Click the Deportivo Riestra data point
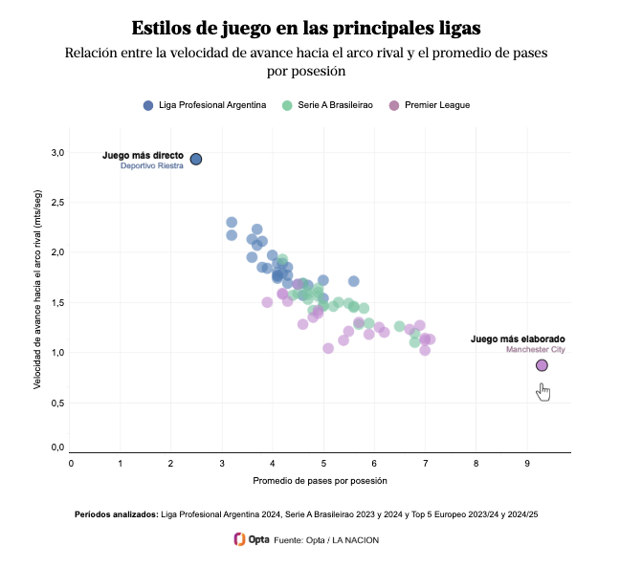(195, 160)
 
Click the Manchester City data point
(542, 365)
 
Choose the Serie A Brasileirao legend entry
(328, 105)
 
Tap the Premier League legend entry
(430, 105)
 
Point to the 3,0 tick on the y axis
(57, 153)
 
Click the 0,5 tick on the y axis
(57, 403)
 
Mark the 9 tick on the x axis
(526, 464)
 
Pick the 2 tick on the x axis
(171, 464)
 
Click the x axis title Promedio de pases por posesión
(320, 480)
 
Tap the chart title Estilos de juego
(306, 26)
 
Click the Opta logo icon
(240, 539)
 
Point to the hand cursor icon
(543, 391)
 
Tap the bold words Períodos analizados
(116, 514)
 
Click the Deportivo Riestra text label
(151, 166)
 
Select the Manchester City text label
(535, 350)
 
